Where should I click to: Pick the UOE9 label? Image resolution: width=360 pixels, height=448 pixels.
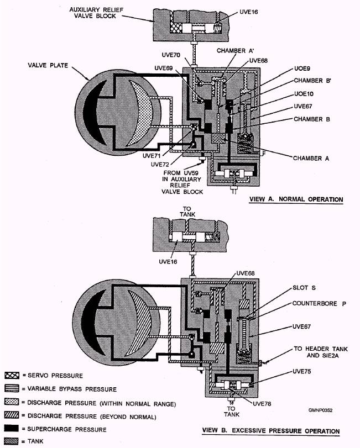(x=302, y=70)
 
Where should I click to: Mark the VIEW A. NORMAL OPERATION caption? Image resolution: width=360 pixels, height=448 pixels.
(x=296, y=199)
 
